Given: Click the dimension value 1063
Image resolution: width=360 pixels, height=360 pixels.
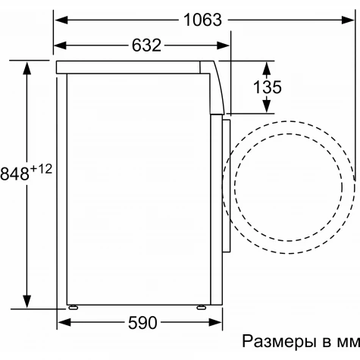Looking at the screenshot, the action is [x=202, y=20].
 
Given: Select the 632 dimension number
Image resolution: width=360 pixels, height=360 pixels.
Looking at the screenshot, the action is [x=146, y=45].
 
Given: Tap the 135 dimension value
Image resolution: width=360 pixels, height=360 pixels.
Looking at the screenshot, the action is [x=268, y=87].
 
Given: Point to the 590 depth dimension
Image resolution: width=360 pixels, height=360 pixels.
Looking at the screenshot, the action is [x=142, y=323].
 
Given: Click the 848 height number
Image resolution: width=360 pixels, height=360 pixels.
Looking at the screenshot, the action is [x=14, y=174].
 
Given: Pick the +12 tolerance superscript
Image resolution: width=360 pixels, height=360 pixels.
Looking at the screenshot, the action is [x=41, y=168].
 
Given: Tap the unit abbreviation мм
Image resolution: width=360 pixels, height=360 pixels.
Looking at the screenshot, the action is [x=348, y=343].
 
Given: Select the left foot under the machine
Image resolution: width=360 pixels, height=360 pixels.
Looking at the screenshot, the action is [x=73, y=307].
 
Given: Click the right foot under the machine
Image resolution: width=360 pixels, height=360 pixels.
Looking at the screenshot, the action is [x=202, y=307].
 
